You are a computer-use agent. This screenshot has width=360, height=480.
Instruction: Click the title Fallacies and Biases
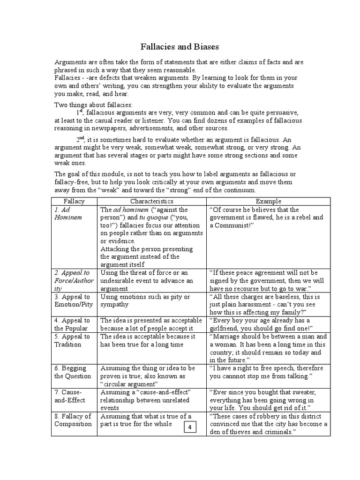coord(180,47)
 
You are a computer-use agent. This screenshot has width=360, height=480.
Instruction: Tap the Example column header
coord(268,201)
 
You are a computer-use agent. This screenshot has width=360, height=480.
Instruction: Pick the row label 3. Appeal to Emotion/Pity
coord(73,300)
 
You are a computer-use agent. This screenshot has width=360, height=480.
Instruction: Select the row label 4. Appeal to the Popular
coord(72,324)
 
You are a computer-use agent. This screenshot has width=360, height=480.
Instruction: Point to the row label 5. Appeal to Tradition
coord(72,340)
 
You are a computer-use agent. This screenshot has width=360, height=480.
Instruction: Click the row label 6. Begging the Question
coord(73,372)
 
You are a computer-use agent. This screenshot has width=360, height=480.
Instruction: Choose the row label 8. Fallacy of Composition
coord(73,420)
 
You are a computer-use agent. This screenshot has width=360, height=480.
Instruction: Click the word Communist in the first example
coord(232,225)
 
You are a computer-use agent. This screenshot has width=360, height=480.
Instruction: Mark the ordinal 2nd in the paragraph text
coord(81,139)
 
